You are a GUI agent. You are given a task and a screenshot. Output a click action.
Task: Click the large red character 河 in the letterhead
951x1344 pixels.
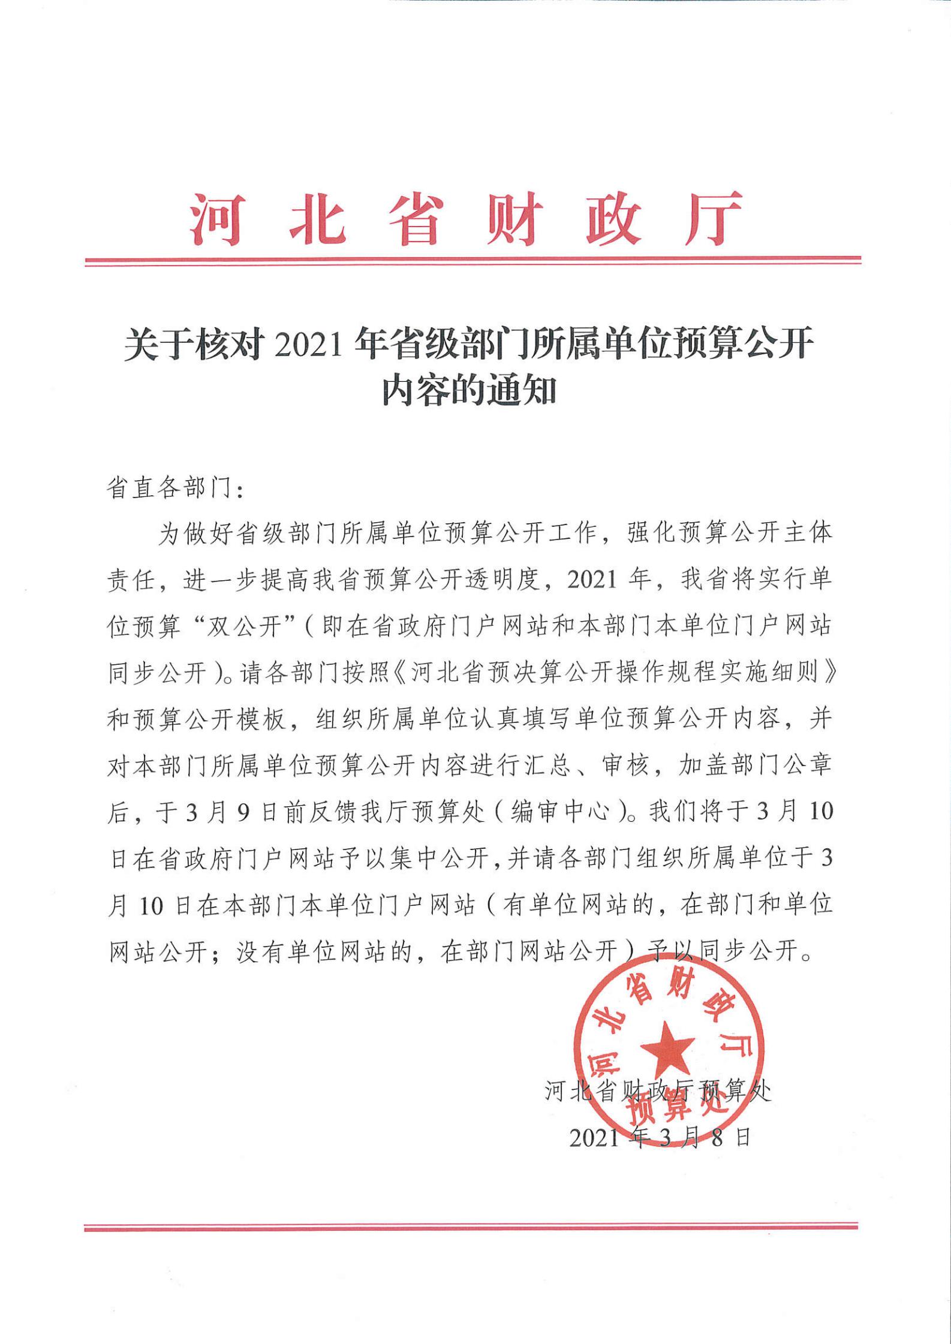tap(216, 219)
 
